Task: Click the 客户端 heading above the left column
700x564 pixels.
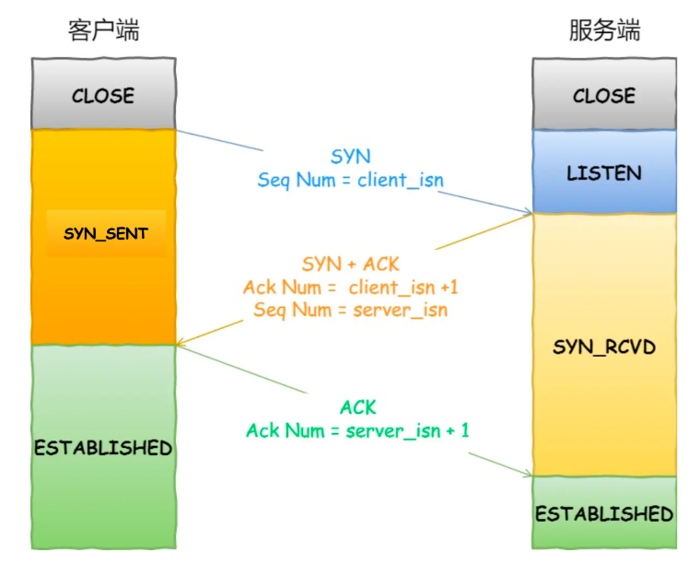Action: [x=103, y=30]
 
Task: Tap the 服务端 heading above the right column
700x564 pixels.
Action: [x=604, y=30]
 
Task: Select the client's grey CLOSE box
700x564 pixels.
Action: [x=103, y=95]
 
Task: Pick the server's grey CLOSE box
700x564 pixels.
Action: [x=604, y=95]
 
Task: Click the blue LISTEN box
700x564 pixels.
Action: [x=604, y=172]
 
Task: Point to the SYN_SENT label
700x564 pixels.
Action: [x=105, y=233]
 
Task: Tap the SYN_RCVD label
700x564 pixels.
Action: [x=604, y=347]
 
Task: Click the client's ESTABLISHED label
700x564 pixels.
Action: [x=103, y=448]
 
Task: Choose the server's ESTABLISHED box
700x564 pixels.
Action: [x=604, y=513]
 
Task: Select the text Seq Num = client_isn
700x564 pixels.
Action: [x=350, y=181]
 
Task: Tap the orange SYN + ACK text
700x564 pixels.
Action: [x=351, y=264]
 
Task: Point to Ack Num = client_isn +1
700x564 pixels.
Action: [x=351, y=288]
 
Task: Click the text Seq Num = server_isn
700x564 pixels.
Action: [x=351, y=310]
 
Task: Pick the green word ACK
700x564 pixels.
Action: [x=358, y=407]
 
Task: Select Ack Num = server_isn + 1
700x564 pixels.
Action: [x=358, y=430]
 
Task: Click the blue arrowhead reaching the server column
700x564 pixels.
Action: [x=528, y=213]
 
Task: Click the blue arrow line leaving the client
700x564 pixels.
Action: [x=221, y=141]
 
